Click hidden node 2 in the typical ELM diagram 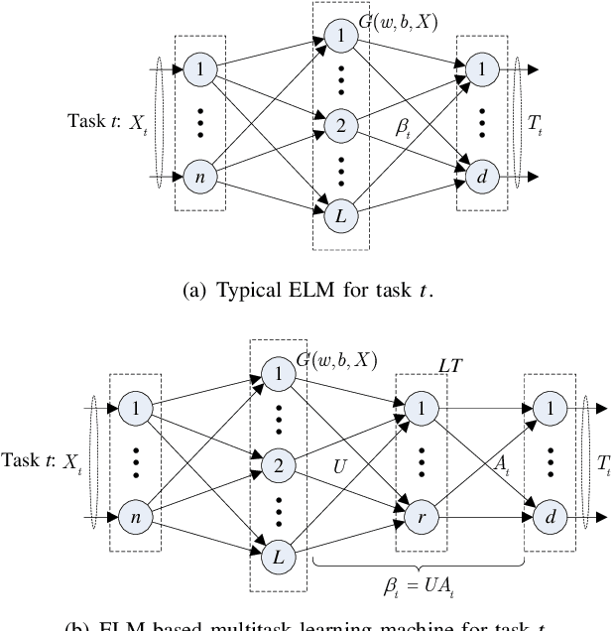coord(339,125)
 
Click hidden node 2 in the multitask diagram coord(279,462)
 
